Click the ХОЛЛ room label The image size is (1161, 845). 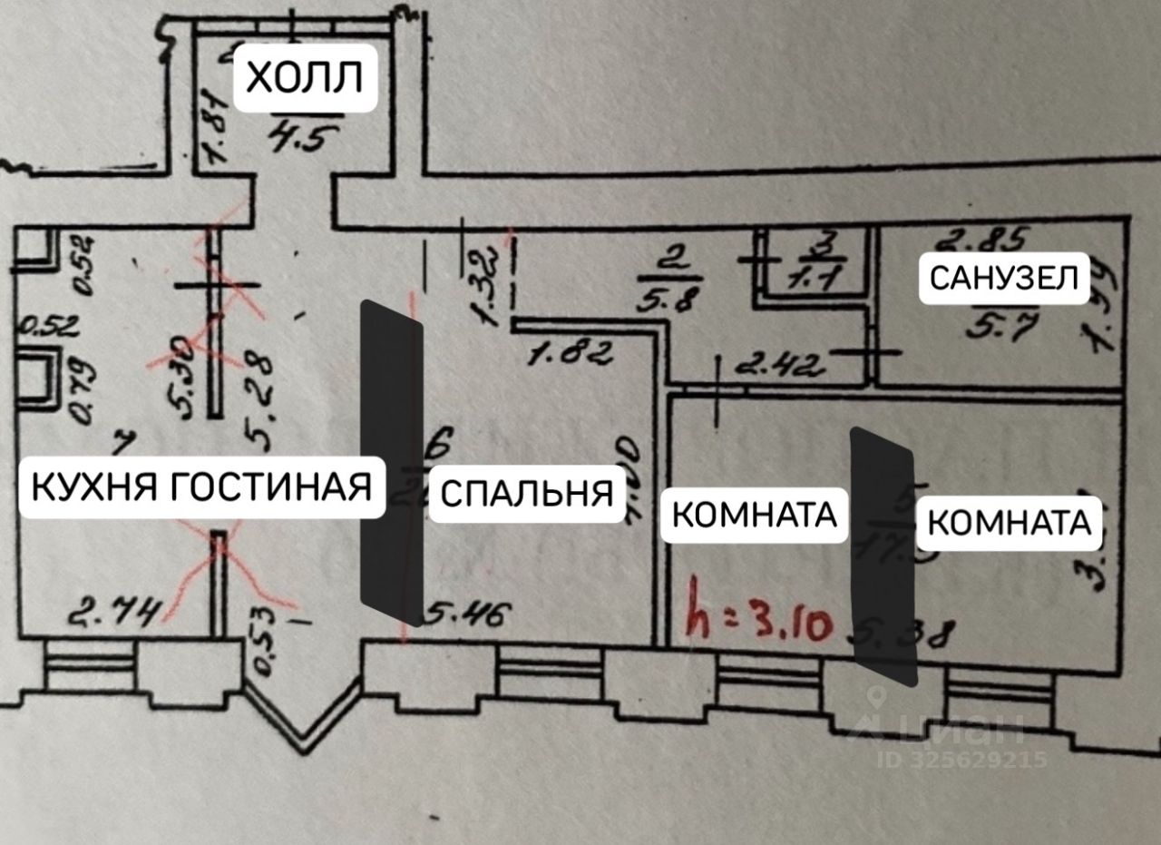(x=305, y=78)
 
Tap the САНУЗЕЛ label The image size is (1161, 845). (x=1003, y=278)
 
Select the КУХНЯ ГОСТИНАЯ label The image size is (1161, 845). (x=201, y=486)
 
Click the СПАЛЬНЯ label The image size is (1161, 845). (x=526, y=495)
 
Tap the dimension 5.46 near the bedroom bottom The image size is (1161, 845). (x=463, y=616)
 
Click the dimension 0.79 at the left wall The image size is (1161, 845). (x=81, y=390)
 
